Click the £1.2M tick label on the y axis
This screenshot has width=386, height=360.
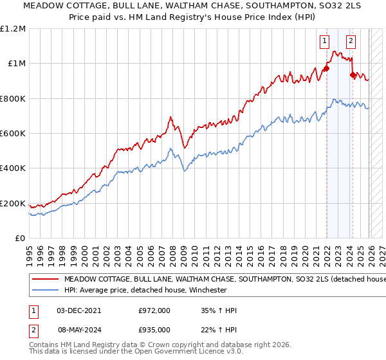(x=13, y=28)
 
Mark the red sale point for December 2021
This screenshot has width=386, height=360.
(x=326, y=68)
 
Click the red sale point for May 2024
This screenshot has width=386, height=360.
(x=353, y=75)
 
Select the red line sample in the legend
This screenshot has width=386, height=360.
(x=45, y=280)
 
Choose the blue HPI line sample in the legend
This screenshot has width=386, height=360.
(x=45, y=290)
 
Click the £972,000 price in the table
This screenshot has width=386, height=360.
(x=154, y=310)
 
